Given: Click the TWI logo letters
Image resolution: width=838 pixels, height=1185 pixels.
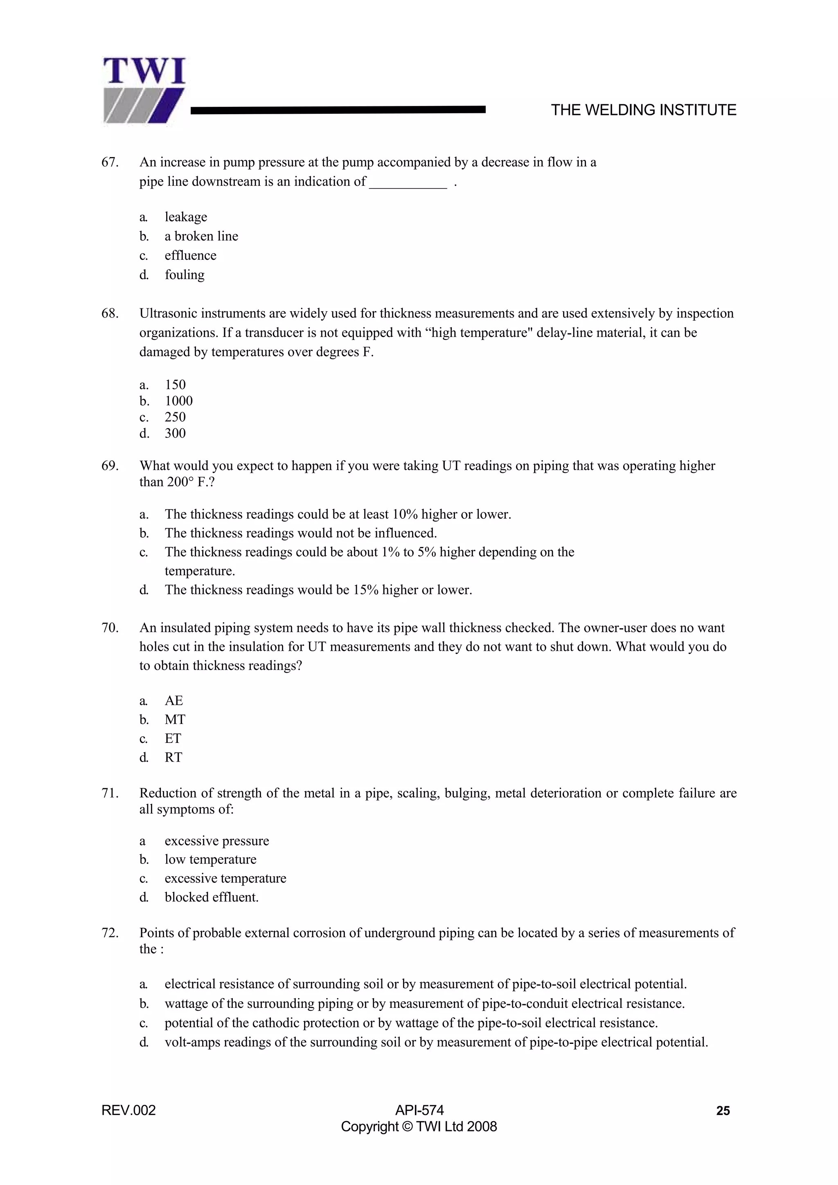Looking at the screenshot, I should pos(144,72).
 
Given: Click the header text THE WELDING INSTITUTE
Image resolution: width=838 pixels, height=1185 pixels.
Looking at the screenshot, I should pos(643,110).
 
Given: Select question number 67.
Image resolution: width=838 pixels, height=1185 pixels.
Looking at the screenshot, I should pos(110,162).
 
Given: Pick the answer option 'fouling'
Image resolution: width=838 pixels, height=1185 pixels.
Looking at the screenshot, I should pos(184,274).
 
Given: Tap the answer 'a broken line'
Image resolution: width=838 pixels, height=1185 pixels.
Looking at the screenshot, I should pos(201,236).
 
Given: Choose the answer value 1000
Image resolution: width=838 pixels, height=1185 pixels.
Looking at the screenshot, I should pos(179,401).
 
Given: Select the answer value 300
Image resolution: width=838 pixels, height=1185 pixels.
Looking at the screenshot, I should pos(175,434).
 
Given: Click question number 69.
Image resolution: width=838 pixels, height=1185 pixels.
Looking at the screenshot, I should pos(110,466).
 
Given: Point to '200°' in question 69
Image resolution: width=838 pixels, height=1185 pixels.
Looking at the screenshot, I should pos(180,482).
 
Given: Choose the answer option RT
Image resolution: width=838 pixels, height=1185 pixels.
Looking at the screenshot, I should pos(173,757).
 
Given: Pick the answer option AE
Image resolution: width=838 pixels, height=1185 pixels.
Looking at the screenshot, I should pos(173,700).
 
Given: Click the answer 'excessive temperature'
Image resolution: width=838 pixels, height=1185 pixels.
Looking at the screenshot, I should pos(225,879).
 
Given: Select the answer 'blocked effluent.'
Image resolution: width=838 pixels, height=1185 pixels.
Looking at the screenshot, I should pos(212,897).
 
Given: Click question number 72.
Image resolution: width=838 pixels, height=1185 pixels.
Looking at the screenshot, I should pos(110,933).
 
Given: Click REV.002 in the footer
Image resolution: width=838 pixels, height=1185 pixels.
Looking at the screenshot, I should pos(128,1111).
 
